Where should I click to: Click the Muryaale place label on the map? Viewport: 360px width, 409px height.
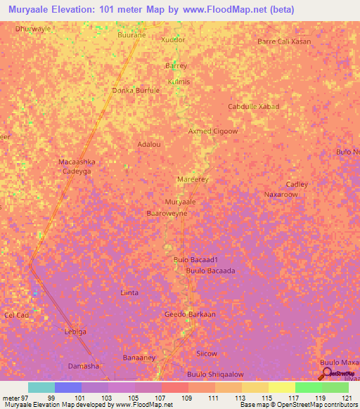(x=179, y=202)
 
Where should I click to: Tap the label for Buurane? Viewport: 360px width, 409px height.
(x=131, y=34)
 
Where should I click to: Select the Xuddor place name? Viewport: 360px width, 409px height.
(x=173, y=40)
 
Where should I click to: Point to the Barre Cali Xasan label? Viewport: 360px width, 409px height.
(x=284, y=41)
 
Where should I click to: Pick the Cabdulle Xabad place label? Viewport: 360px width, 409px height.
(x=254, y=107)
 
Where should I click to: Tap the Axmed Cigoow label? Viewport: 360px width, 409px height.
(x=213, y=131)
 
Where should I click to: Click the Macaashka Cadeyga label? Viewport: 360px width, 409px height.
(x=77, y=167)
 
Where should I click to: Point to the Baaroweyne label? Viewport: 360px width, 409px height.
(x=166, y=213)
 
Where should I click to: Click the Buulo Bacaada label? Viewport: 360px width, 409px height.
(x=210, y=271)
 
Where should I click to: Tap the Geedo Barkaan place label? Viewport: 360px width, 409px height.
(x=190, y=314)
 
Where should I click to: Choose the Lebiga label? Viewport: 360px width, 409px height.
(x=75, y=332)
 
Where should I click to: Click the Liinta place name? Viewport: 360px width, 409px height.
(x=129, y=292)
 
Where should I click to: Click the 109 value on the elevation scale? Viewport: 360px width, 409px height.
(x=188, y=397)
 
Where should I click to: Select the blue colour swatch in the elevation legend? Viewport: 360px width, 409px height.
(x=68, y=387)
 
